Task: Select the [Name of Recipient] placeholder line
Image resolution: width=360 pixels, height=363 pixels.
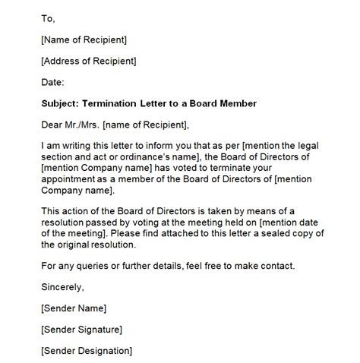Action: pos(84,39)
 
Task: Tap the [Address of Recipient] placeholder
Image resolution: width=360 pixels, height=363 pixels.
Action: pos(90,61)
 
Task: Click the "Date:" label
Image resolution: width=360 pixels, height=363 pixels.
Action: pos(53,82)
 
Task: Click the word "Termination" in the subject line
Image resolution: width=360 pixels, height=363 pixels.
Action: pos(118,104)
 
